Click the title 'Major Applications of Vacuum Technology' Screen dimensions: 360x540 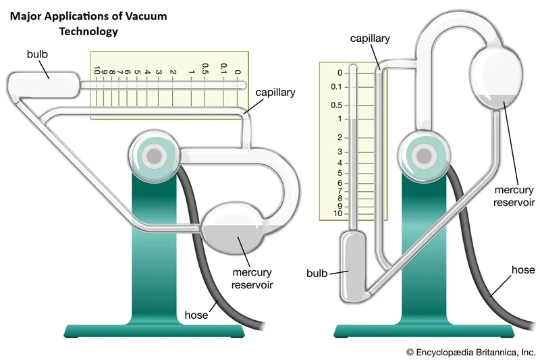(88, 23)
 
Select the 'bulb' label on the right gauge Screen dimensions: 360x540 (317, 274)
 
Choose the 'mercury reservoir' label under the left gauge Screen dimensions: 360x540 (252, 279)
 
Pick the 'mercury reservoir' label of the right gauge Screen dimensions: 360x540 (514, 195)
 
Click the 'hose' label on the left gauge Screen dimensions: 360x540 (196, 315)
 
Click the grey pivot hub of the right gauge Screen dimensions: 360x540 (425, 156)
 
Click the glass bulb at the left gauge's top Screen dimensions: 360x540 (43, 85)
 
